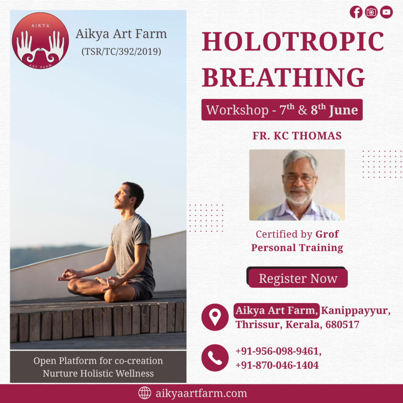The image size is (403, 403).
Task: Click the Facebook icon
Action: click(x=356, y=12)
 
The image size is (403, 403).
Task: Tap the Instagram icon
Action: click(x=371, y=12)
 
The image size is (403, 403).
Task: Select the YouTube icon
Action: click(x=386, y=12)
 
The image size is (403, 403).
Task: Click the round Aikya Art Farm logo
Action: click(x=41, y=41)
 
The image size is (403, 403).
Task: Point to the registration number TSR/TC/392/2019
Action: click(x=121, y=52)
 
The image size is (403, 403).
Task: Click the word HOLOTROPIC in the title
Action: click(x=293, y=41)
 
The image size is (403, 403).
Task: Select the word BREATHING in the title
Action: click(x=283, y=78)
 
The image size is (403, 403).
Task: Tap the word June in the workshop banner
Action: click(x=343, y=110)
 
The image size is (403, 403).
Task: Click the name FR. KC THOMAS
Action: click(x=297, y=136)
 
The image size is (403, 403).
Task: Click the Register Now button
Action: click(x=298, y=278)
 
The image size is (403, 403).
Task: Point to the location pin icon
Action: click(x=215, y=317)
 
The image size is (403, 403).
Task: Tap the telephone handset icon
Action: click(x=215, y=358)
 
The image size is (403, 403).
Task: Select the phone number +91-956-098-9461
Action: click(x=278, y=351)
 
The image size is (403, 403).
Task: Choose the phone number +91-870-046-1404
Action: click(x=277, y=365)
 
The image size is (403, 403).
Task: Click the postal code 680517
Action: click(x=342, y=325)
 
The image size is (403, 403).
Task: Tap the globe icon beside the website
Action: click(x=145, y=393)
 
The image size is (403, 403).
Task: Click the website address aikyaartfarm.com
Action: click(x=201, y=393)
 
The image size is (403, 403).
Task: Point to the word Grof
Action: click(x=327, y=234)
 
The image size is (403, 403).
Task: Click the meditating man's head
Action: click(x=129, y=195)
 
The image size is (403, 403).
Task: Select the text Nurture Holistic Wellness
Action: click(x=98, y=373)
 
